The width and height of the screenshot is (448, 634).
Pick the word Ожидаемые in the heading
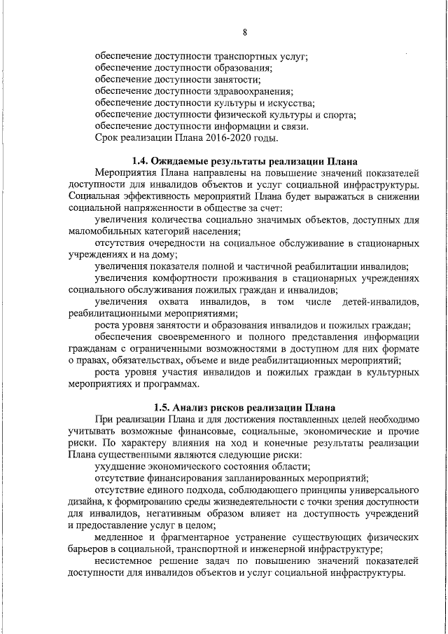click(x=185, y=160)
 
